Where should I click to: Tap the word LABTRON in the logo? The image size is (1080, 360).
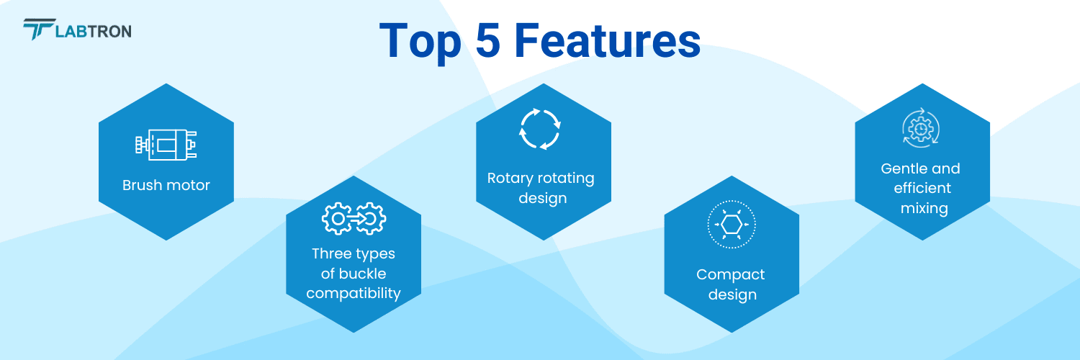click(x=93, y=31)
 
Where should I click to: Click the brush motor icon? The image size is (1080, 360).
click(x=166, y=145)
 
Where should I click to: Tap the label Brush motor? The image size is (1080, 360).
click(x=166, y=185)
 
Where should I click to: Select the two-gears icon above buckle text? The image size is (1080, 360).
click(x=354, y=219)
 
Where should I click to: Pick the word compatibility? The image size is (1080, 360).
click(x=354, y=293)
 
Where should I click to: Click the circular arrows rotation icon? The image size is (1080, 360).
click(x=540, y=129)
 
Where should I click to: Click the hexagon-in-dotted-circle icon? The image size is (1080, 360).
click(x=732, y=225)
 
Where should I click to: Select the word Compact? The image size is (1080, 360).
click(x=731, y=274)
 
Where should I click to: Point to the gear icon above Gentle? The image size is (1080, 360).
click(x=921, y=129)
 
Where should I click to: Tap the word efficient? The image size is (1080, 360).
click(x=922, y=188)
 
